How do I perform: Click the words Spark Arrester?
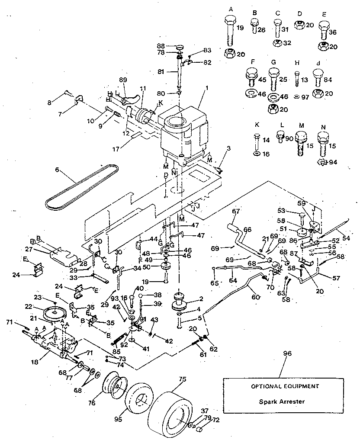[x=282, y=401]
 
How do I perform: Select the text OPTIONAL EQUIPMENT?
[x=282, y=385]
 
